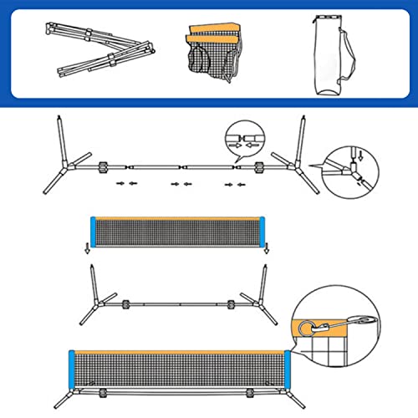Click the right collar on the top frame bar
(257, 166)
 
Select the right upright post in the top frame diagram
(298, 142)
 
